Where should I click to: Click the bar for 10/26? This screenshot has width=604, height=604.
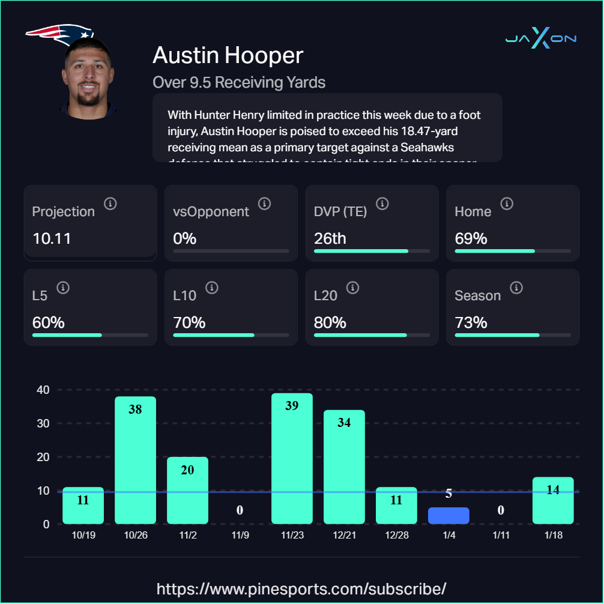(x=135, y=459)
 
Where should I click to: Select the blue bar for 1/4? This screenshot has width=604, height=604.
(x=448, y=516)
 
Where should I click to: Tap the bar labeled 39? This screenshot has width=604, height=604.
(x=292, y=458)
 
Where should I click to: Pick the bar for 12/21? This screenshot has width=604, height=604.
(x=344, y=467)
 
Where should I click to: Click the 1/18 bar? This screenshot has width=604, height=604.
(x=553, y=500)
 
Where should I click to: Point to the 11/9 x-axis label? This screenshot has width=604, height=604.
(x=240, y=535)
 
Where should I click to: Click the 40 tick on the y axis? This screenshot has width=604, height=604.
(x=43, y=390)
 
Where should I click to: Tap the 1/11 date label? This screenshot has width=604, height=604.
(x=501, y=535)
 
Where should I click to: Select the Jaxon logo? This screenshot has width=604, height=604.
(x=541, y=39)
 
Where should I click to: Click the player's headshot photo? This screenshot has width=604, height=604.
(x=88, y=78)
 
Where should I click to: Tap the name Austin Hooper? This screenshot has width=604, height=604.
(x=228, y=55)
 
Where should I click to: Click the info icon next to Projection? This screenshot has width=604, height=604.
(x=110, y=204)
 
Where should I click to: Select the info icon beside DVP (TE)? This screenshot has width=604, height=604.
(x=382, y=204)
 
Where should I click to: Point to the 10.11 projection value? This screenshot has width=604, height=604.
(x=52, y=238)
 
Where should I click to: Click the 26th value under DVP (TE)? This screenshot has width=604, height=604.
(x=330, y=238)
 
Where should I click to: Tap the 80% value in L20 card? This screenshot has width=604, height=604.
(x=330, y=322)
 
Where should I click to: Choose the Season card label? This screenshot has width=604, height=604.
(x=477, y=295)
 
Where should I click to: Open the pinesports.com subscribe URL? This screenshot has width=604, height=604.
(x=301, y=588)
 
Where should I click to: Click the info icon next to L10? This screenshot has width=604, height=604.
(x=211, y=288)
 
